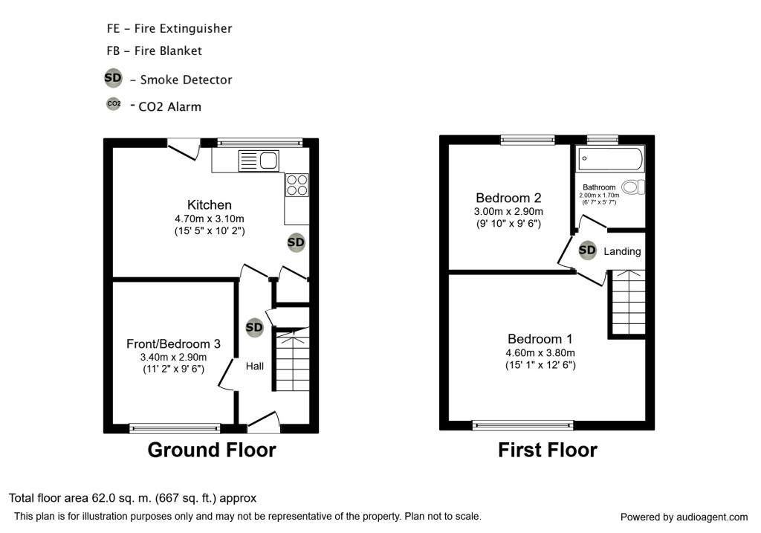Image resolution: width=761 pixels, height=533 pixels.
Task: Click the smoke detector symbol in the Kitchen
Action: (x=296, y=242)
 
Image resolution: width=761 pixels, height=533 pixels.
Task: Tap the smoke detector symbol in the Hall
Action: (x=254, y=327)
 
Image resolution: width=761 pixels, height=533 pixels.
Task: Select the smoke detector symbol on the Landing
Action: (x=587, y=251)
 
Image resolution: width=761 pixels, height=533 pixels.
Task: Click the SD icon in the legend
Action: (x=113, y=78)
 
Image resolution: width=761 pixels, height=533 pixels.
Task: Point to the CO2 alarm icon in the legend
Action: (x=114, y=104)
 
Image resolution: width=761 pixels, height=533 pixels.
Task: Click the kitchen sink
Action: (x=258, y=160)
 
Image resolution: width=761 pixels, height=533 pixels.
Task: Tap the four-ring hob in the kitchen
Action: (x=297, y=184)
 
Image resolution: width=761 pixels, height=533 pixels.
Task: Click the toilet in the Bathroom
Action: (x=634, y=187)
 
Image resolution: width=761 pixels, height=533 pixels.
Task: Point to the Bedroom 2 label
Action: (x=508, y=198)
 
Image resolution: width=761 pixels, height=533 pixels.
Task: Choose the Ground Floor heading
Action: (x=212, y=450)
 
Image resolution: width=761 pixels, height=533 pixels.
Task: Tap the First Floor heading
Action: (x=547, y=450)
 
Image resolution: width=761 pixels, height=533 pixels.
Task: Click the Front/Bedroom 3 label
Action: (x=173, y=343)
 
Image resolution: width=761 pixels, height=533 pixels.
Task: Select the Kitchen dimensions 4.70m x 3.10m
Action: (x=210, y=219)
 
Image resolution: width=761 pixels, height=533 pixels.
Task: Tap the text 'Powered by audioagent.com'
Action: (x=684, y=517)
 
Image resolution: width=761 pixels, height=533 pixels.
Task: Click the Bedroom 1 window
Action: (x=522, y=425)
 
